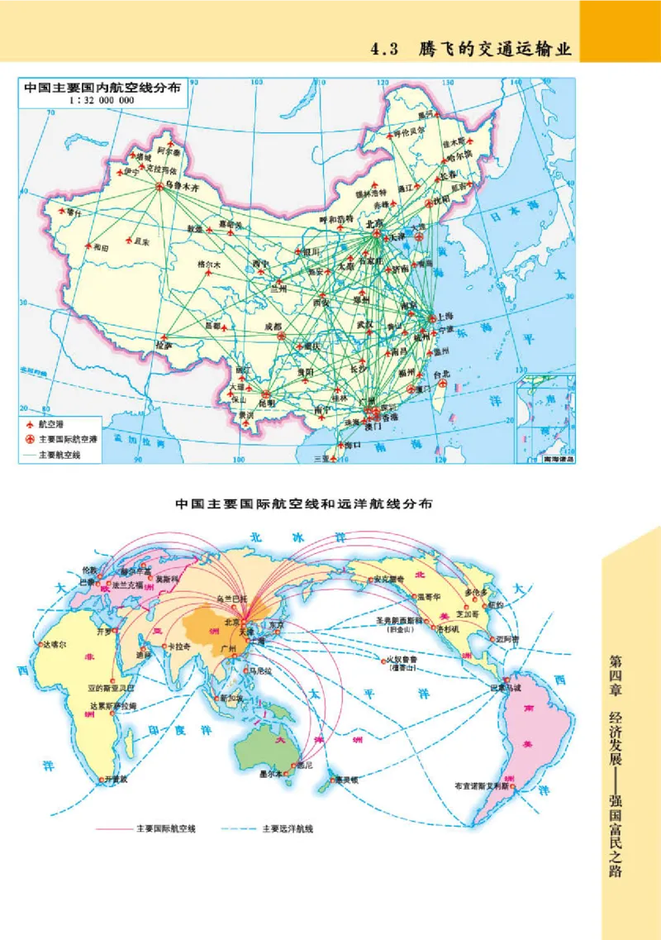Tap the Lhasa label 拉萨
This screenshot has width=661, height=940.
163,345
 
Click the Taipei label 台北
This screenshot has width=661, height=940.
441,373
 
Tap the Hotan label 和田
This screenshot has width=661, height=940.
100,247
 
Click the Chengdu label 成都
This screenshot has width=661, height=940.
273,327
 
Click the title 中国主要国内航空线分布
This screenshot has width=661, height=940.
102,86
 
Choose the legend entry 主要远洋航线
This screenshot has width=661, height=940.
288,828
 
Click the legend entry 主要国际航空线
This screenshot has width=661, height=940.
166,828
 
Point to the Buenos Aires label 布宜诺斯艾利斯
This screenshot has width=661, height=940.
485,786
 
